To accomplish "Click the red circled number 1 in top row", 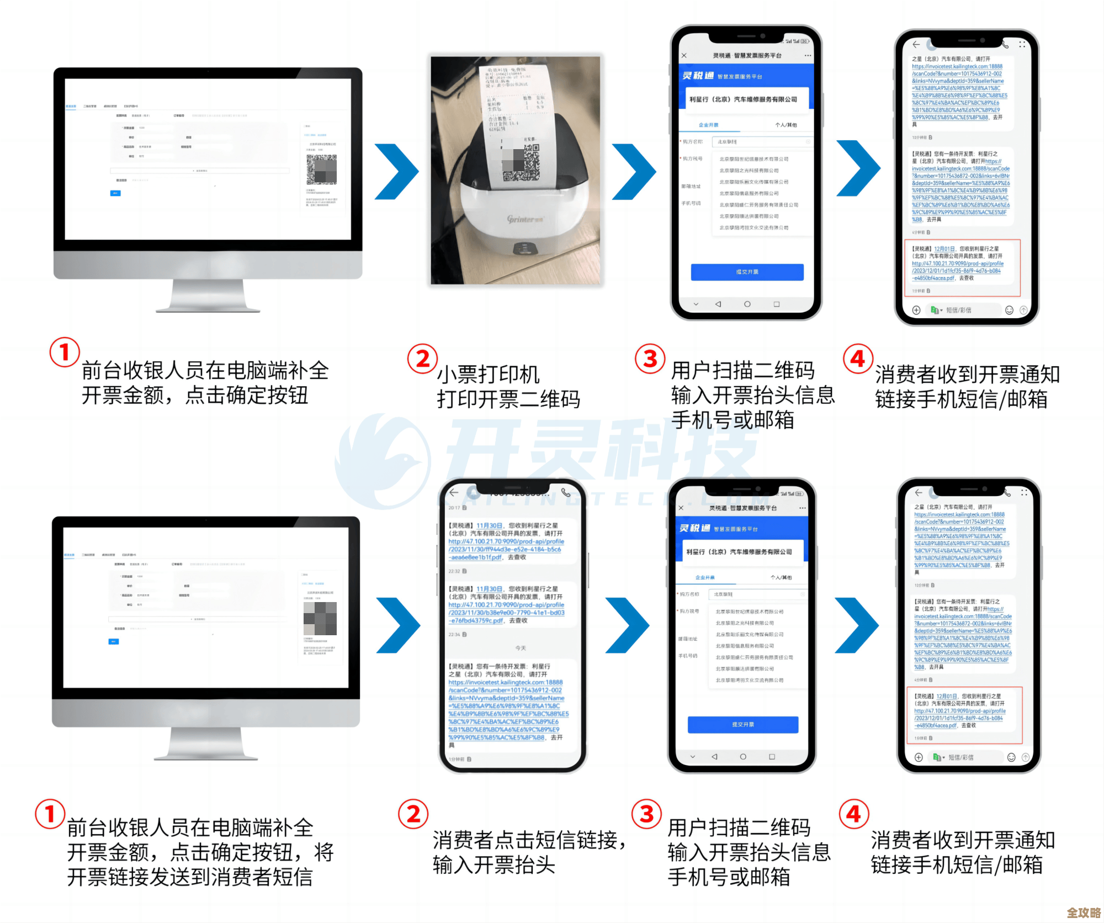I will pyautogui.click(x=65, y=352).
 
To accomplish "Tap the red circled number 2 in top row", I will pyautogui.click(x=422, y=358).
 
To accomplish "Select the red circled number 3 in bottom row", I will pyautogui.click(x=646, y=814).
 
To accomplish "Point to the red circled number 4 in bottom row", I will pyautogui.click(x=853, y=814).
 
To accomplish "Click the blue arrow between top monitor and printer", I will pyautogui.click(x=396, y=171).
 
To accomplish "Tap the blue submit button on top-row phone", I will pyautogui.click(x=747, y=272).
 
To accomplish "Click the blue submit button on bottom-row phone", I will pyautogui.click(x=742, y=724).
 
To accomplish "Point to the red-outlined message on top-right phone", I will pyautogui.click(x=962, y=267).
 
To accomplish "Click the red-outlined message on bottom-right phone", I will pyautogui.click(x=964, y=715).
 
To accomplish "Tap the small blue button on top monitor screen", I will pyautogui.click(x=115, y=193).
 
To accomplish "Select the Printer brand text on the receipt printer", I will pyautogui.click(x=525, y=219).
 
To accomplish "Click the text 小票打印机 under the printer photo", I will pyautogui.click(x=488, y=374).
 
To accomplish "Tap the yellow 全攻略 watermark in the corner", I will pyautogui.click(x=1084, y=912).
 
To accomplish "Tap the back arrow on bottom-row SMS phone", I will pyautogui.click(x=454, y=492).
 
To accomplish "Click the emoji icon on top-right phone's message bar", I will pyautogui.click(x=1009, y=310).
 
